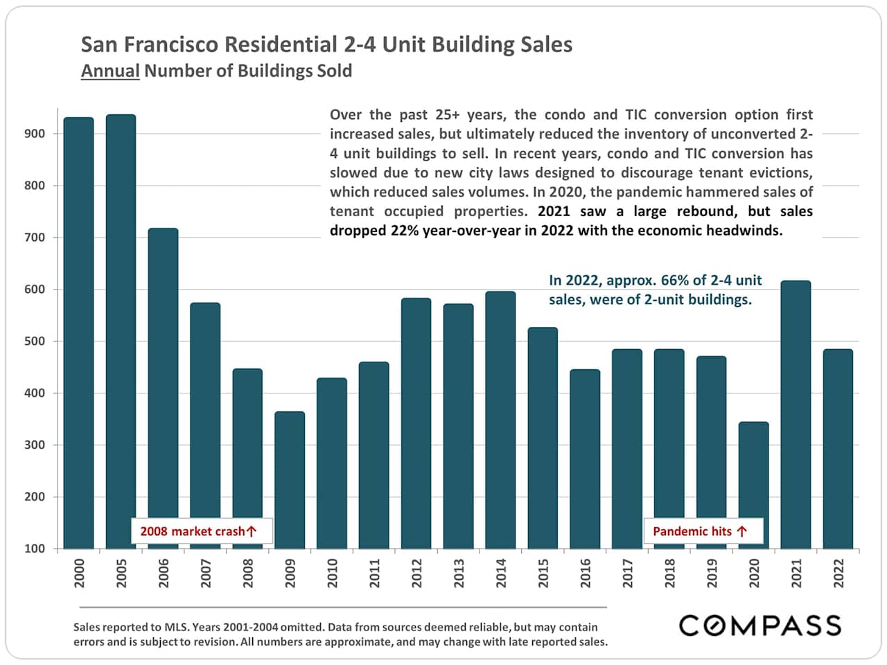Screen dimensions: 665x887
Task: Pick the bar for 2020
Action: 753,485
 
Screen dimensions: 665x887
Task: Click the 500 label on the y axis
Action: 34,341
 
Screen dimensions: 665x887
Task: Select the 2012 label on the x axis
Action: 416,574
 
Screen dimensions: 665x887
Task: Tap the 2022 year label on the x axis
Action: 838,574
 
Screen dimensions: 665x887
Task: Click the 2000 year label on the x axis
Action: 79,574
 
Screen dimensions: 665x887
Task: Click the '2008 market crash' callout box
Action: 202,531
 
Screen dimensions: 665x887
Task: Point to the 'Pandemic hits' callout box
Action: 703,531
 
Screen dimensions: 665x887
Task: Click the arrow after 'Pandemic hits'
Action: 742,531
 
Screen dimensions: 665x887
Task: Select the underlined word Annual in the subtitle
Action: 110,71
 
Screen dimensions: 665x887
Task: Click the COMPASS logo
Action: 759,626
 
